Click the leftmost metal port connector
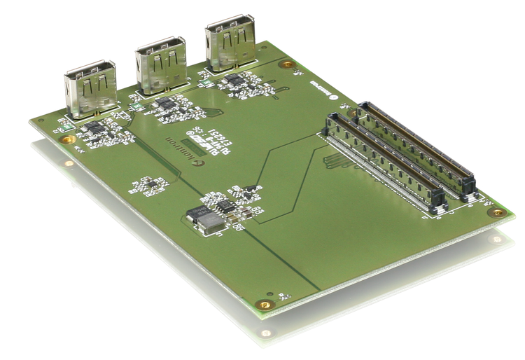pyautogui.click(x=90, y=90)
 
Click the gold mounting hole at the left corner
pyautogui.click(x=67, y=139)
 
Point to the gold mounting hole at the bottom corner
pyautogui.click(x=264, y=305)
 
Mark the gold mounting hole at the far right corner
pyautogui.click(x=498, y=212)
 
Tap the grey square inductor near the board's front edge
pyautogui.click(x=206, y=222)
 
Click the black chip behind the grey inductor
pyautogui.click(x=224, y=205)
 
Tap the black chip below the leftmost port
pyautogui.click(x=93, y=127)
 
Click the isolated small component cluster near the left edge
pyautogui.click(x=150, y=186)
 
